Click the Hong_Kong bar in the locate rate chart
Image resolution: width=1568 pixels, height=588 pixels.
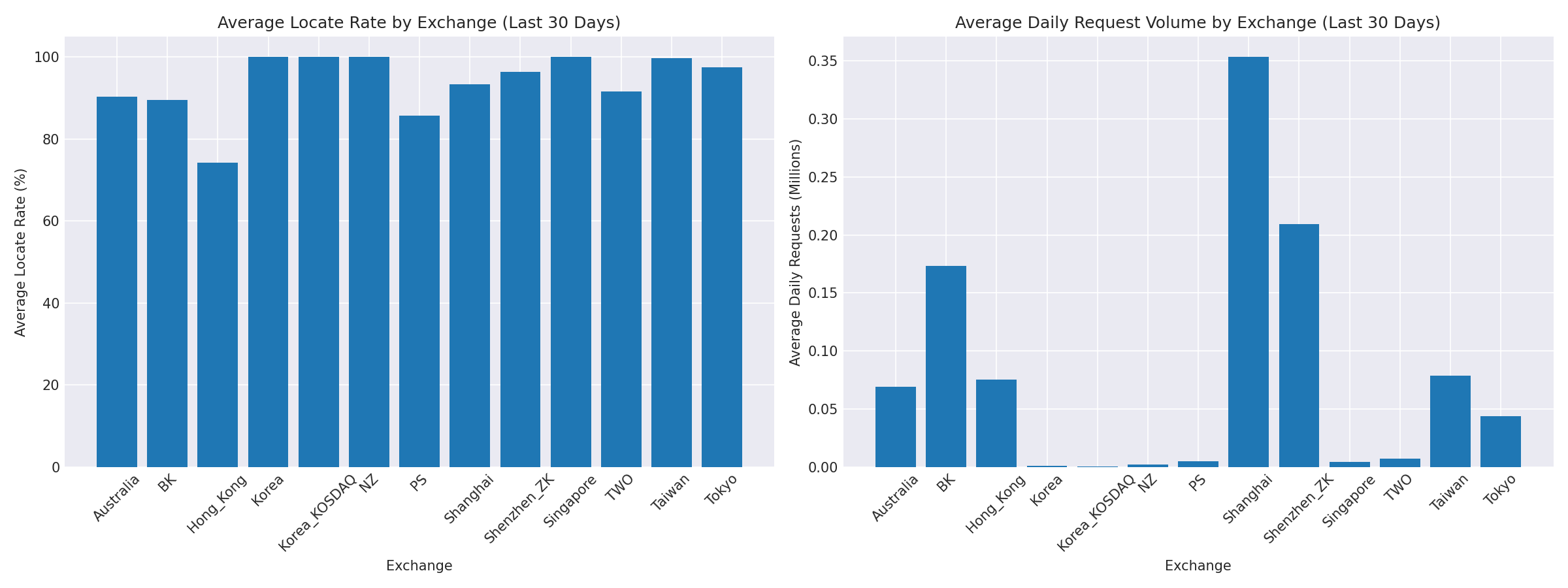tap(218, 314)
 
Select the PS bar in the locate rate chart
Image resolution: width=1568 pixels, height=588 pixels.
tap(419, 291)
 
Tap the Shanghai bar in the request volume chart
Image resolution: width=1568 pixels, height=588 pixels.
tap(1249, 261)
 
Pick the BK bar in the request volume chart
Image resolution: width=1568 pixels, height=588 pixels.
tap(946, 366)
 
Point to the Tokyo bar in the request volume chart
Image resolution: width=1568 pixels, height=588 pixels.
tap(1501, 441)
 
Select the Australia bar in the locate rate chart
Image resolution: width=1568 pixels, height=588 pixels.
tap(117, 282)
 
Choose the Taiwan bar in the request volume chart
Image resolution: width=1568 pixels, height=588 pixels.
tap(1450, 421)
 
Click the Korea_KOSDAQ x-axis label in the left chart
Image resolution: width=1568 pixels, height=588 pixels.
tap(318, 514)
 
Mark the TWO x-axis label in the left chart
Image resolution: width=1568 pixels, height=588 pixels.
tap(619, 487)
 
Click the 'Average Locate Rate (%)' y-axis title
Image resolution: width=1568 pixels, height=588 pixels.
tap(20, 252)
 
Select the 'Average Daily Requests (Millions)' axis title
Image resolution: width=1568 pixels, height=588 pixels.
tap(795, 252)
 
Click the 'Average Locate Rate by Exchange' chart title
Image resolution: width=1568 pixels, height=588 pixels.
tap(419, 23)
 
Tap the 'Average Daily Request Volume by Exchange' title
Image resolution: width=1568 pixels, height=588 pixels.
tap(1198, 23)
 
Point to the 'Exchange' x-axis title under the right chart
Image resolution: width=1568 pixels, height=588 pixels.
tap(1198, 566)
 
